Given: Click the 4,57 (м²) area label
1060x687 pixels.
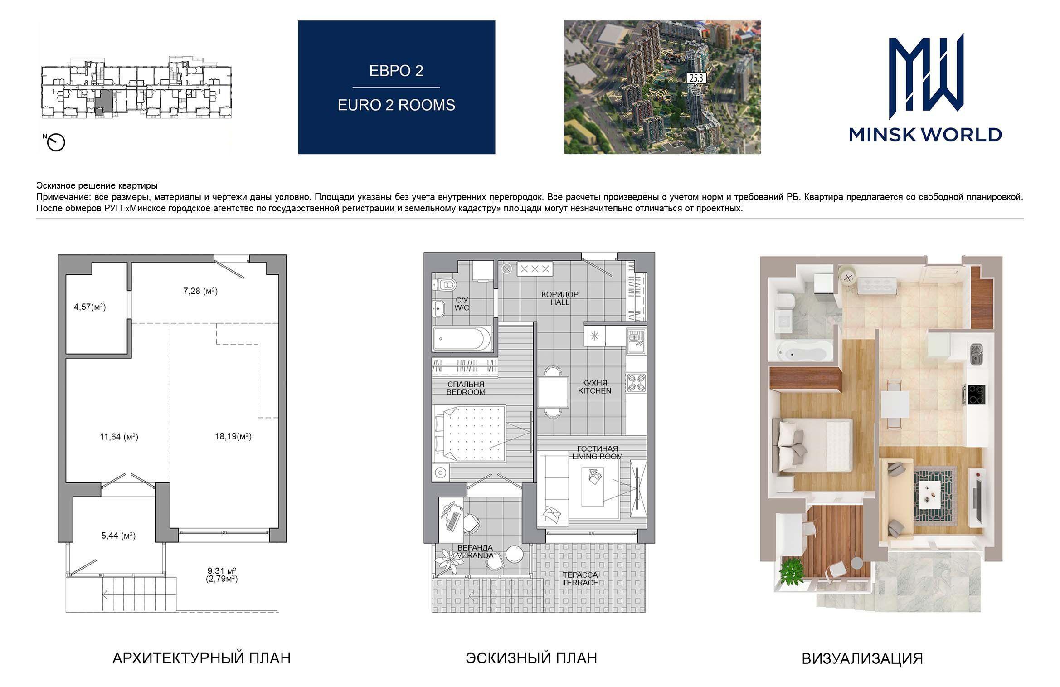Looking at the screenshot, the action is tap(90, 307).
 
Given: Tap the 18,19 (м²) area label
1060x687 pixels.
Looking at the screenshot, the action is tap(233, 436).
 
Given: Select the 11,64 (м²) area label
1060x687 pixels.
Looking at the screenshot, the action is tap(119, 437).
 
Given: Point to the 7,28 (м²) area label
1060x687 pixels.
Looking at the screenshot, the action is tap(200, 291).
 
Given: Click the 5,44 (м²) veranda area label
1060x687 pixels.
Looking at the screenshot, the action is tap(118, 536).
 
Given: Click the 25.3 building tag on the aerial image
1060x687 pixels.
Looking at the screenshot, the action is tap(696, 78).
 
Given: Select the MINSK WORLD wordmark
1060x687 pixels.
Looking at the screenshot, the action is tap(925, 135).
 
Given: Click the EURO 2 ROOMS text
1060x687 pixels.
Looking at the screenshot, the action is tap(396, 105).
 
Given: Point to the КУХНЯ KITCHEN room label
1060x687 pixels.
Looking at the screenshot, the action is tap(594, 387).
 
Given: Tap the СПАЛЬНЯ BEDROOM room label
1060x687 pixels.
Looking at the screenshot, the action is tap(466, 388).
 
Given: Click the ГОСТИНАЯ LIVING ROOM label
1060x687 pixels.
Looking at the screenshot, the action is tap(597, 453).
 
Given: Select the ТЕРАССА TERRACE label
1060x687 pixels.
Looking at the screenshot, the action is tap(580, 579).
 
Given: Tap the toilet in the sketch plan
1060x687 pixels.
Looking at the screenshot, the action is tap(444, 284).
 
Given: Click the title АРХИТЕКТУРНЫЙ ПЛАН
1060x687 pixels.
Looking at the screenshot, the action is tap(201, 658).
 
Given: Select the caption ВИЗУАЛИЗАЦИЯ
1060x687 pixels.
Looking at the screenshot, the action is tap(862, 659).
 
